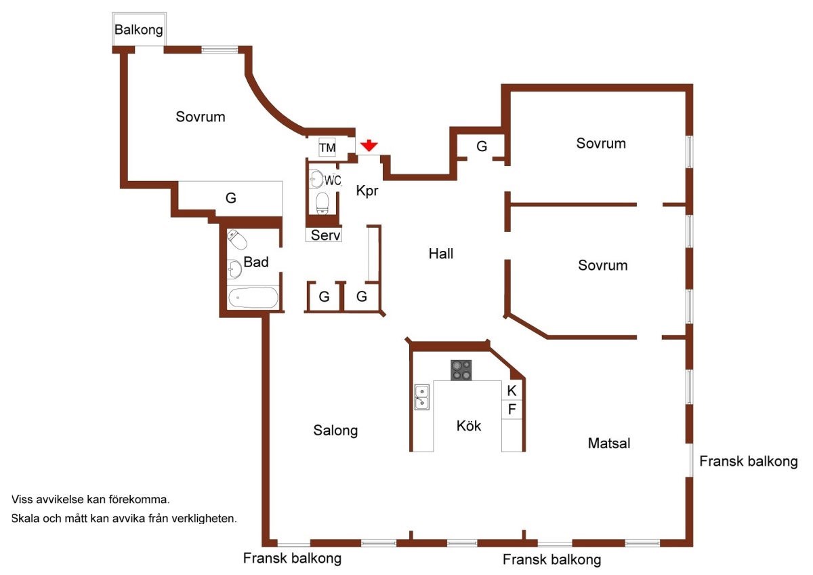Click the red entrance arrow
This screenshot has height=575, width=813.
click(x=369, y=146)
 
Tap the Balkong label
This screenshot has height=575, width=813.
click(x=139, y=30)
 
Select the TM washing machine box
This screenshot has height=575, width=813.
click(x=327, y=147)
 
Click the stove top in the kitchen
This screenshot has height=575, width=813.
click(x=461, y=370)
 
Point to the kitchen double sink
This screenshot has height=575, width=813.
click(x=421, y=397)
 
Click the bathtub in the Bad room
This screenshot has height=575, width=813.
click(x=253, y=298)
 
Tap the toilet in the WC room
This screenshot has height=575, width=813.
click(x=322, y=203)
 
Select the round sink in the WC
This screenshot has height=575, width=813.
click(x=316, y=179)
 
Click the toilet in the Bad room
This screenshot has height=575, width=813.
click(x=236, y=240)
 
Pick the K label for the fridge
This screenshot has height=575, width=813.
click(x=512, y=391)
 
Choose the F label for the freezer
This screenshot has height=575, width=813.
click(x=512, y=410)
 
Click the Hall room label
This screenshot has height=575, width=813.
click(x=440, y=254)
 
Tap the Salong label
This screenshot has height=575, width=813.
click(x=335, y=431)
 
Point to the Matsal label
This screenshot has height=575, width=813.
click(x=609, y=443)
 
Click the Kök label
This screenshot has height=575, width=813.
click(x=469, y=425)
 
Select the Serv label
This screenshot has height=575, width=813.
click(x=325, y=235)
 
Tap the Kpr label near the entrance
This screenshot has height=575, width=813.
click(x=367, y=191)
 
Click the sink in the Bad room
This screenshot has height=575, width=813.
click(x=234, y=269)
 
